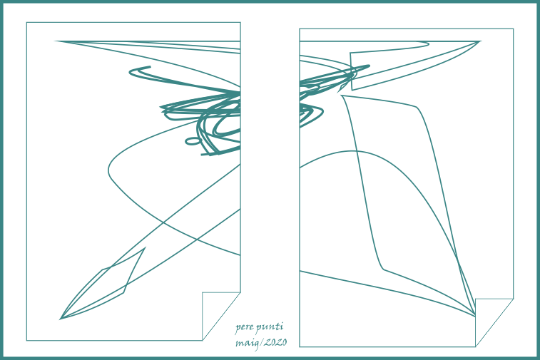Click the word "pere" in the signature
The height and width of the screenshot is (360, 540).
[244, 328]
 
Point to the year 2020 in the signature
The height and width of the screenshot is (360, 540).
[275, 342]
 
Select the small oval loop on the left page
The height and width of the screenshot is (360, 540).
[193, 140]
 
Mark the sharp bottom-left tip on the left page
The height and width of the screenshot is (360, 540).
[61, 319]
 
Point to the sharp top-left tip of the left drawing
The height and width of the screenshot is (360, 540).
[56, 41]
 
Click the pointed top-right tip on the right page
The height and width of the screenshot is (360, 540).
[480, 41]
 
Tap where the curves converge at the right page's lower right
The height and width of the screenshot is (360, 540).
[475, 315]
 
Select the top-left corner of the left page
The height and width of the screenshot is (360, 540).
[26, 22]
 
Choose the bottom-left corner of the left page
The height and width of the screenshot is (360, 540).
[26, 341]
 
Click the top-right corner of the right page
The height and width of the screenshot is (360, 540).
[514, 29]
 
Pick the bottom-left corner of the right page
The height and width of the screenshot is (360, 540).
[300, 347]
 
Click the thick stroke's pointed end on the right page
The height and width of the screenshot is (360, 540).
[369, 66]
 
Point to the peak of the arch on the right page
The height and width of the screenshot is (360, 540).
[350, 151]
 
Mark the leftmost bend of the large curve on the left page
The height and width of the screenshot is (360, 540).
[108, 170]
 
